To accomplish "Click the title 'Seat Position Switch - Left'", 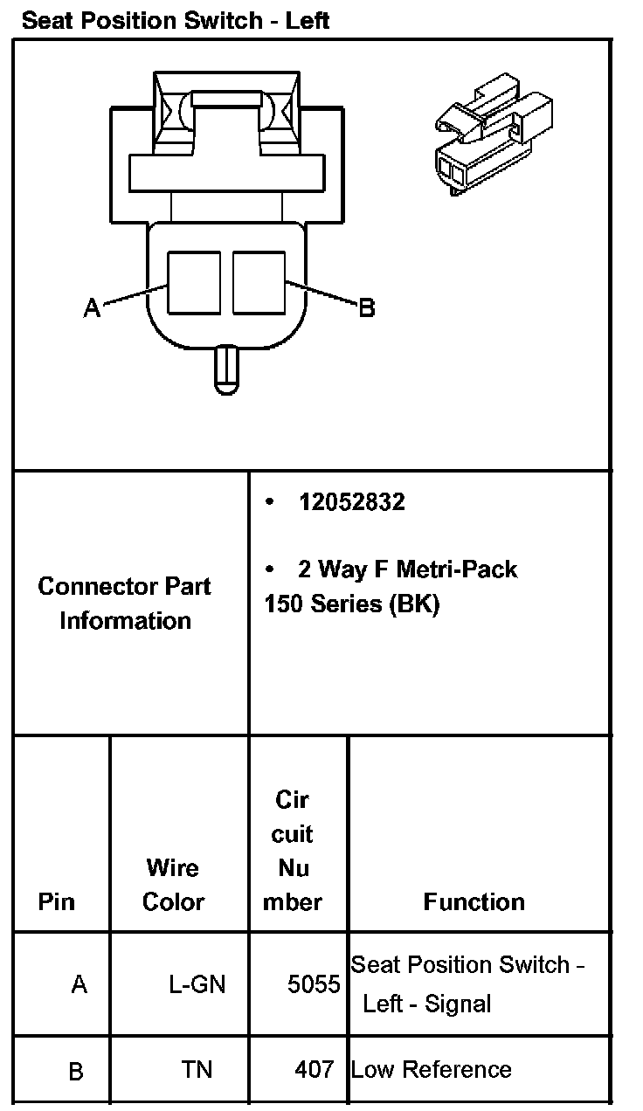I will tap(175, 20).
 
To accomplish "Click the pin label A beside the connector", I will tap(92, 307).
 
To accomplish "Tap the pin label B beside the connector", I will tap(367, 307).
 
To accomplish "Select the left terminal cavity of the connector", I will tap(194, 282).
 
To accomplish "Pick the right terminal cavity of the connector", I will tap(259, 282).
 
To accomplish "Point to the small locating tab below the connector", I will tap(226, 369).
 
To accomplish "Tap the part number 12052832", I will tap(351, 502).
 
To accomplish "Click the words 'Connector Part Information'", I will tap(125, 604).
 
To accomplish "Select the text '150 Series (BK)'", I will tap(351, 604).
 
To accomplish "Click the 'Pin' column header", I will tap(57, 901).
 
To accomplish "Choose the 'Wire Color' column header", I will tap(173, 885).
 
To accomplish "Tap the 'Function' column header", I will tap(474, 901).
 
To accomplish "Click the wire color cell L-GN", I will tap(197, 985).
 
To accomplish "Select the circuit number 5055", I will tap(314, 985).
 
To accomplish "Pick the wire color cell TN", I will tap(197, 1069).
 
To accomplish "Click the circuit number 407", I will tap(315, 1069).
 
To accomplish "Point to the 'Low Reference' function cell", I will tap(432, 1069).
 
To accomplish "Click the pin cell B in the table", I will tap(76, 1072).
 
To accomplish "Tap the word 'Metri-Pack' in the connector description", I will tap(457, 569).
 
